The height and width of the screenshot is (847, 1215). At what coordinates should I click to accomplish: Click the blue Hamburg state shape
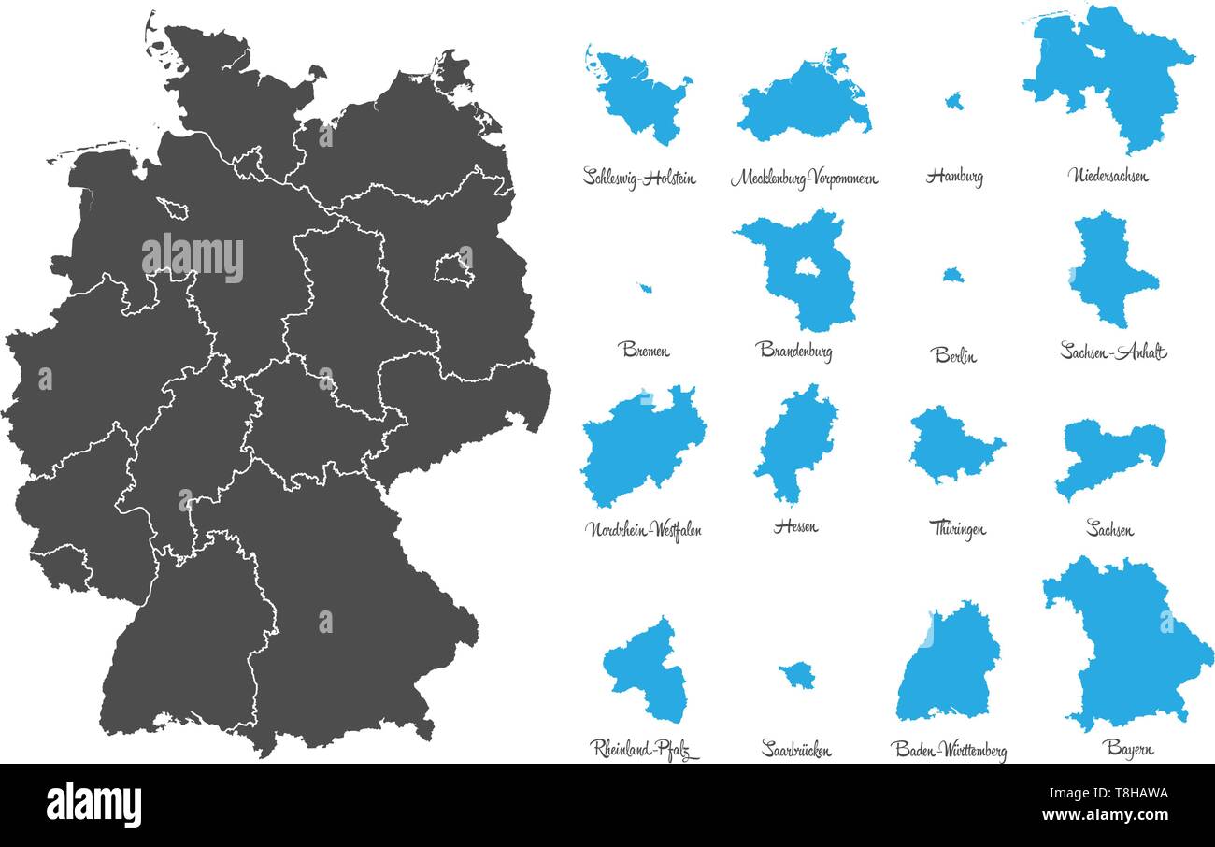point(954,101)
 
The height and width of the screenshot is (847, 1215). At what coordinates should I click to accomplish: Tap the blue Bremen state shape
point(645,288)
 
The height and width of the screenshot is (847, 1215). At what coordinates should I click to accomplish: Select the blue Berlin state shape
point(952,275)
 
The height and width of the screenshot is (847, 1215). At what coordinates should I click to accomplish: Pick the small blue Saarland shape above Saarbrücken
point(797,674)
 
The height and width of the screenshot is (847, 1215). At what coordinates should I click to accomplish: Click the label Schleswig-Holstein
point(639,177)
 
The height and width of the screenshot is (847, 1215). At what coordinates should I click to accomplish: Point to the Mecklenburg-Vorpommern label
point(804,178)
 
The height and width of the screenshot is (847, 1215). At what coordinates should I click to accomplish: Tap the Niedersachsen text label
point(1108,175)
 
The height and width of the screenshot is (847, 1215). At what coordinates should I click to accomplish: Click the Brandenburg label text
point(793,351)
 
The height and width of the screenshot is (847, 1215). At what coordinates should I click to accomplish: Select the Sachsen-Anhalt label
point(1113,352)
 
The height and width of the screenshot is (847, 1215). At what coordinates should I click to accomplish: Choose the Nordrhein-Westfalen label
point(643,529)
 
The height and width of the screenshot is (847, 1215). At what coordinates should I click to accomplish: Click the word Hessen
point(795,526)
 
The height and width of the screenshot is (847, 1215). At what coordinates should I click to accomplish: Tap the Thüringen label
point(957,529)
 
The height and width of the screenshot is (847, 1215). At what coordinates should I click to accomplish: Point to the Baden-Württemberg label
point(948,750)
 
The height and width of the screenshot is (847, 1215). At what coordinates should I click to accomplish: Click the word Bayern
point(1127,748)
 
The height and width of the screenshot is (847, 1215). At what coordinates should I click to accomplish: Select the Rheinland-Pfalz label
point(644,749)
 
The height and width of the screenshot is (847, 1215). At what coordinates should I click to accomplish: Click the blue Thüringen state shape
point(953,444)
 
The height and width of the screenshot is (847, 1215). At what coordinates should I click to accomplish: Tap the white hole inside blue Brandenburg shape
point(807,267)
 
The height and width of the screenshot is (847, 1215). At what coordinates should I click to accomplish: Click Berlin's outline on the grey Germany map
point(453,267)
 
